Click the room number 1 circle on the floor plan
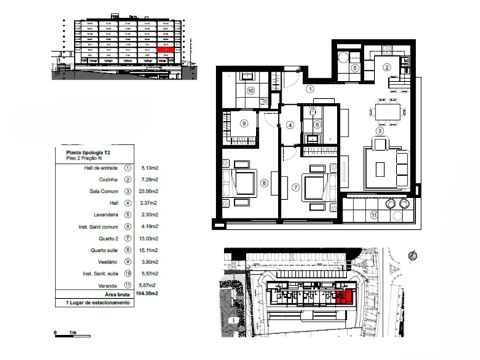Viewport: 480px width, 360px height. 310,90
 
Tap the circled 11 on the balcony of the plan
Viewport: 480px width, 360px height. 373,214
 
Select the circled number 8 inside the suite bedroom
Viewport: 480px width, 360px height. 265,184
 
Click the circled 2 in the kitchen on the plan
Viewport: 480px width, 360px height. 387,68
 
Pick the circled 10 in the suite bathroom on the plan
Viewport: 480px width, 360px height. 251,91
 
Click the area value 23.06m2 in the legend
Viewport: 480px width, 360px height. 149,191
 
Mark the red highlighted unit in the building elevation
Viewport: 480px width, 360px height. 165,50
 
